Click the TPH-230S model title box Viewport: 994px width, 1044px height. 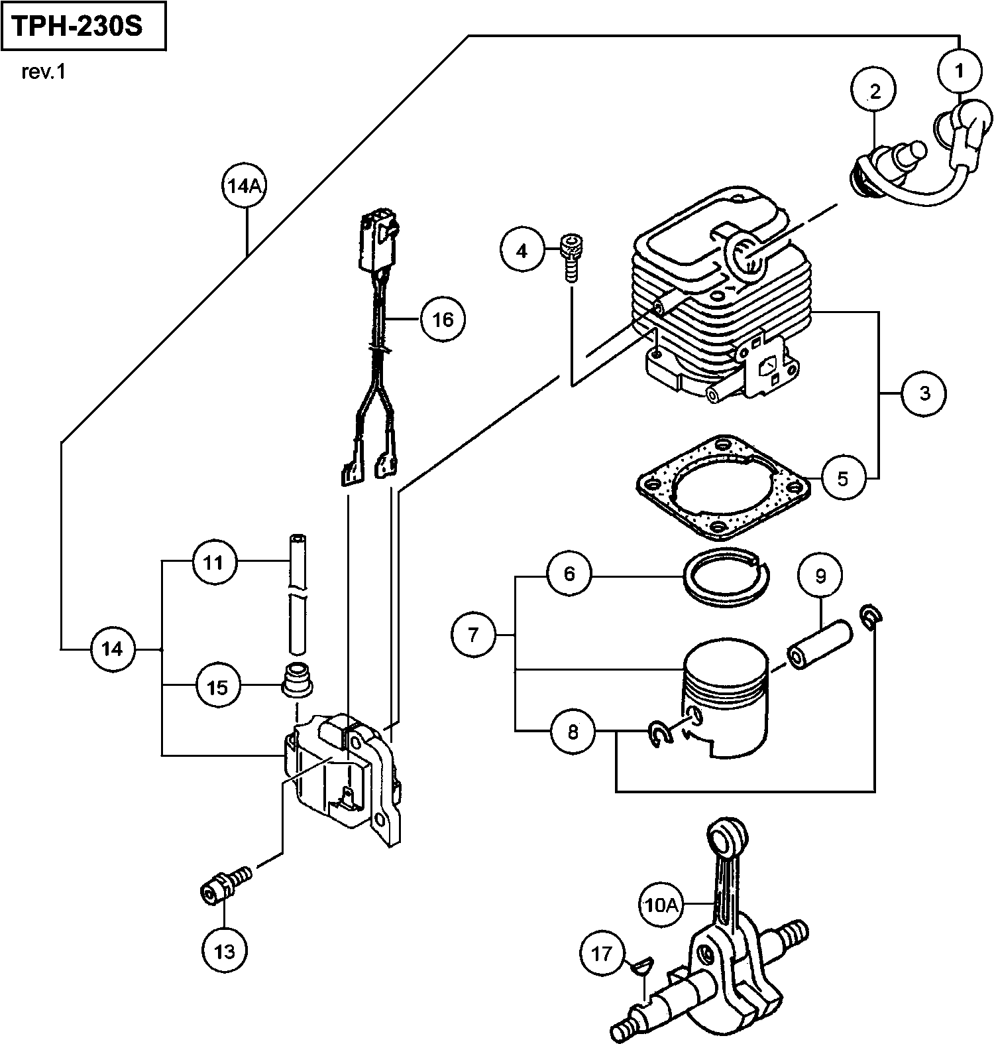83,27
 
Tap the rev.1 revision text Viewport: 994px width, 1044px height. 44,72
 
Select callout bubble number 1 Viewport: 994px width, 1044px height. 960,70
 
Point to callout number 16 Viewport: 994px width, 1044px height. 443,320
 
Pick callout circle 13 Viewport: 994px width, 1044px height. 225,951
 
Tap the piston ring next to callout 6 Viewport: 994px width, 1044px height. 726,575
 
